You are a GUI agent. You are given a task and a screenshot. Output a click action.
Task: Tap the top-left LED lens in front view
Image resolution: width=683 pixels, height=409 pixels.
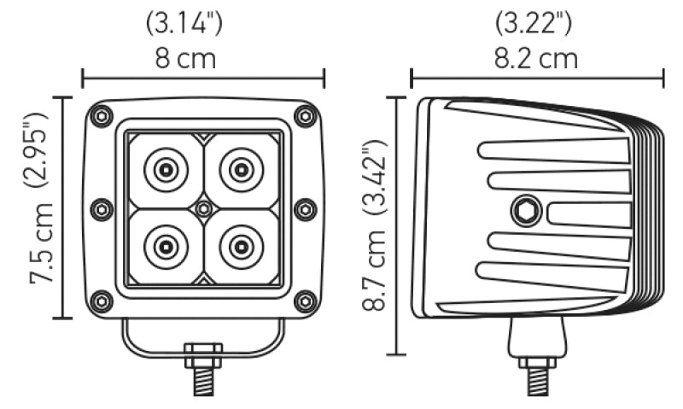click(x=165, y=170)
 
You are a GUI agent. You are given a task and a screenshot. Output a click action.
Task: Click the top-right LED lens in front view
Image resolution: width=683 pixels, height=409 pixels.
click(x=240, y=170)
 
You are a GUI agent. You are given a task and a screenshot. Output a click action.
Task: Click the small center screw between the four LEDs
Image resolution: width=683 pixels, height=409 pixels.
click(x=202, y=208)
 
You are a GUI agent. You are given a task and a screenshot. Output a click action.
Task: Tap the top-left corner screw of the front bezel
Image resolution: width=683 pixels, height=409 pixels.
click(x=102, y=115)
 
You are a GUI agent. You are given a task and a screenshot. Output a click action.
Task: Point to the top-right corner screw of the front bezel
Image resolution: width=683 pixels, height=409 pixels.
click(x=304, y=115)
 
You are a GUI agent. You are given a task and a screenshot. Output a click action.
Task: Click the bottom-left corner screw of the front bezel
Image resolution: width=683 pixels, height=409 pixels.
click(x=102, y=301)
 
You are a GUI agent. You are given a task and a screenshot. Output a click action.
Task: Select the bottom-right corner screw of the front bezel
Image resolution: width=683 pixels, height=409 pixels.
click(x=304, y=301)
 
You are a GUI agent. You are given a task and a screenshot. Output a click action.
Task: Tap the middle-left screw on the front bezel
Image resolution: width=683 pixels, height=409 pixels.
click(x=101, y=208)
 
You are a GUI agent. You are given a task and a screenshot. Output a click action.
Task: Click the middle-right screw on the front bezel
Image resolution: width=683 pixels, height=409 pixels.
click(x=305, y=208)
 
